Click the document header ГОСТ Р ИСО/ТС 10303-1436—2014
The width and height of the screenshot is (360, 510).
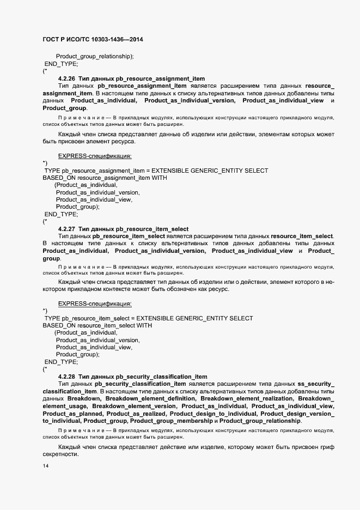[x=93, y=40]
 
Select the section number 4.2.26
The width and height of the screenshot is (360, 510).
[x=67, y=79]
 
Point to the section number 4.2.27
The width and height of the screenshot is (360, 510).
[x=67, y=228]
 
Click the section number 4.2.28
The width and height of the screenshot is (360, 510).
[x=67, y=377]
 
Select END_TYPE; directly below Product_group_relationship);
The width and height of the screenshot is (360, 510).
[x=61, y=64]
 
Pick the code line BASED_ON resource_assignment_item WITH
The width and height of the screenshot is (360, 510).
[x=105, y=178]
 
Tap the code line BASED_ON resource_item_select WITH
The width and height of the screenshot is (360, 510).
[x=97, y=325]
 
